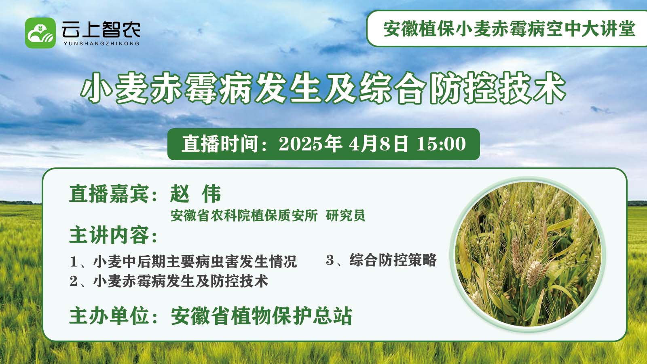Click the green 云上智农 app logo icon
[40, 33]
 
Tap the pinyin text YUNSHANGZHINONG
[101, 44]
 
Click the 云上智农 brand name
[101, 30]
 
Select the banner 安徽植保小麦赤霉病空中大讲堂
[509, 29]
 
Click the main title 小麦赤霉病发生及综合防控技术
[323, 88]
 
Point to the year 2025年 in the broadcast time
[310, 144]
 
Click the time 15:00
[441, 144]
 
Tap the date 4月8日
[378, 144]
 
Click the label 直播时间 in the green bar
[220, 144]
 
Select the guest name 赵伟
[196, 194]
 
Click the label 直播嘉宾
[109, 194]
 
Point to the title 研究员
[345, 216]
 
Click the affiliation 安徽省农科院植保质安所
[244, 216]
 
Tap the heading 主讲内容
[109, 235]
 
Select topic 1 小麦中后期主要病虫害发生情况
[184, 261]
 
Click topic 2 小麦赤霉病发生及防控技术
[169, 281]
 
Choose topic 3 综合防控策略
[381, 260]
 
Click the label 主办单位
[109, 316]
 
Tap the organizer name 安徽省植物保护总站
[262, 316]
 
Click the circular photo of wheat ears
[528, 254]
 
